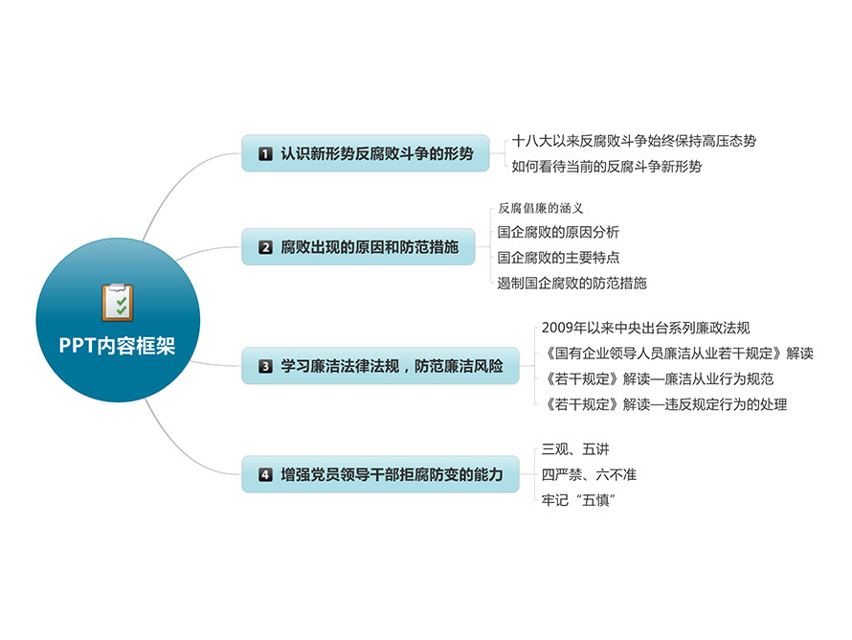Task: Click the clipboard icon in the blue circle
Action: click(118, 302)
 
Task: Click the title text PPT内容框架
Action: click(117, 346)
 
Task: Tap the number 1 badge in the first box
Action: click(265, 154)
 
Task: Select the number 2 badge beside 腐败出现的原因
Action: click(265, 247)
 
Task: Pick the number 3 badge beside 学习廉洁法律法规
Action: click(265, 366)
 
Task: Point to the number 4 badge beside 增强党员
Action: click(265, 474)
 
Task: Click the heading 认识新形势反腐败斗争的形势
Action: click(377, 154)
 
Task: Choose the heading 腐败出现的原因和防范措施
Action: click(370, 247)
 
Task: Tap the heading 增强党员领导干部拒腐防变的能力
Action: click(392, 474)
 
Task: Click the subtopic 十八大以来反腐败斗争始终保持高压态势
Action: click(634, 142)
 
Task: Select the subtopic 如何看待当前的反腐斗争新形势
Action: click(606, 167)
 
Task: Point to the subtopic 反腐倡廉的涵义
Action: click(541, 208)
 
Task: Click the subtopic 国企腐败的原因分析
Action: click(558, 232)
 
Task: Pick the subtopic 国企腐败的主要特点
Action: click(558, 257)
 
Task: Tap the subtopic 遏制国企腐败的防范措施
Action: click(572, 283)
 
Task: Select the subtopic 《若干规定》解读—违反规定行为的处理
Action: click(666, 404)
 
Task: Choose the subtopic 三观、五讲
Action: click(575, 449)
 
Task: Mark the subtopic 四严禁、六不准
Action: click(589, 474)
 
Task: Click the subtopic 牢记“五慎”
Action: click(578, 500)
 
